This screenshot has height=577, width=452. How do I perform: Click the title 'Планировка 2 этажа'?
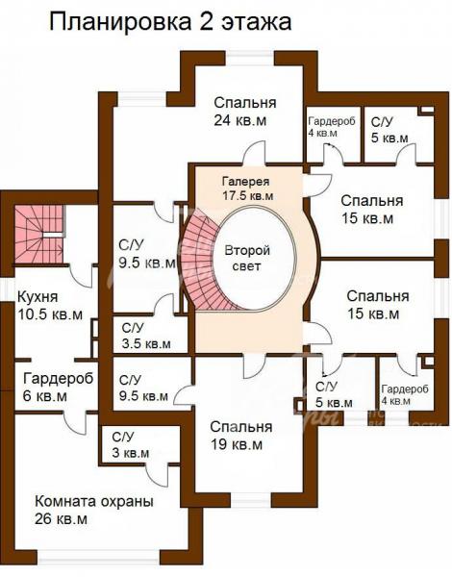[170, 22]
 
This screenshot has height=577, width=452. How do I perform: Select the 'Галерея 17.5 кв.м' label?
[247, 188]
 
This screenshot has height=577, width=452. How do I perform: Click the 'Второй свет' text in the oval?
[247, 259]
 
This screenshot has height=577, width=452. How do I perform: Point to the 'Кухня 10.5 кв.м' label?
[50, 306]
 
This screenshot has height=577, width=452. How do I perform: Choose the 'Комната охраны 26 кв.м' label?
[94, 510]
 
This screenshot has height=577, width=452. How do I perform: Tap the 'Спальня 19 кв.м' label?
[241, 436]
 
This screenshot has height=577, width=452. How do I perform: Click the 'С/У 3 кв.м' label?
[131, 445]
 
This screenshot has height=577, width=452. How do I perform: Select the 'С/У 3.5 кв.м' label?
[146, 336]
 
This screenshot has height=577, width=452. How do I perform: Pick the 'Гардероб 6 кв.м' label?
[58, 388]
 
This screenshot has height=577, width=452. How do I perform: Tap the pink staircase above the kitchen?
[39, 234]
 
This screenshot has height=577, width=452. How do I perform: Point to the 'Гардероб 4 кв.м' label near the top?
[332, 127]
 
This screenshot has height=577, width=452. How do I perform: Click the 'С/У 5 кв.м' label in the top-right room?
[389, 130]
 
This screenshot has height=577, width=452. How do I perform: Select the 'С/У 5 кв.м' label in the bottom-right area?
[334, 394]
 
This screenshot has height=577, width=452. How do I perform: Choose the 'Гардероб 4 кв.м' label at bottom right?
[405, 394]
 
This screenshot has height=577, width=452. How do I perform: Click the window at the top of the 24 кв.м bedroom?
[250, 58]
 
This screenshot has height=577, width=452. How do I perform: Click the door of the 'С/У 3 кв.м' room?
[157, 475]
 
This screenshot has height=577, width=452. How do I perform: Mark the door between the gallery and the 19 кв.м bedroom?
[253, 365]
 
